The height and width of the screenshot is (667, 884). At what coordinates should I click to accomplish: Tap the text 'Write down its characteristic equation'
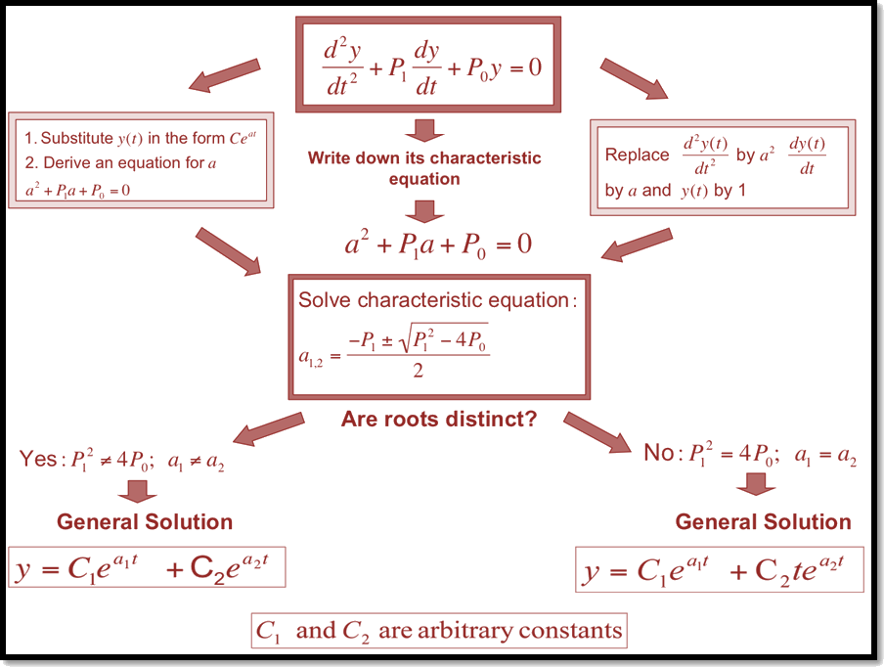click(424, 168)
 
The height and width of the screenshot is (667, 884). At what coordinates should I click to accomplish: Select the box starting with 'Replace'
click(723, 166)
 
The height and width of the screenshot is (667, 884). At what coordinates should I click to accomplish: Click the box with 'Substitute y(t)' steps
click(141, 160)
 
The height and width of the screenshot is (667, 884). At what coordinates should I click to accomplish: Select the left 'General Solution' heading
click(145, 521)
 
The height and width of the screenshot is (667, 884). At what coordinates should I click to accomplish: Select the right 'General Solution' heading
click(763, 521)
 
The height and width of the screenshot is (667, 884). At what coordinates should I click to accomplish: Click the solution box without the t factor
click(147, 568)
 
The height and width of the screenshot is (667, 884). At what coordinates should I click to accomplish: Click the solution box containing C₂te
click(720, 570)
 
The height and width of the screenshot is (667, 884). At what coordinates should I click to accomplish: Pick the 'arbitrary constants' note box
click(437, 631)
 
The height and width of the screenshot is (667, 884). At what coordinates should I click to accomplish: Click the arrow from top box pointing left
click(226, 78)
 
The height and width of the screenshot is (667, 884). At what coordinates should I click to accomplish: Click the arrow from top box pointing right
click(633, 78)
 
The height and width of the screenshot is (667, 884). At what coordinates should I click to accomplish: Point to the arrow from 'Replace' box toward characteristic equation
click(638, 245)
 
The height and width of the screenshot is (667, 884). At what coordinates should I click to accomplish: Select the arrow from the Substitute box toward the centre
click(229, 249)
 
